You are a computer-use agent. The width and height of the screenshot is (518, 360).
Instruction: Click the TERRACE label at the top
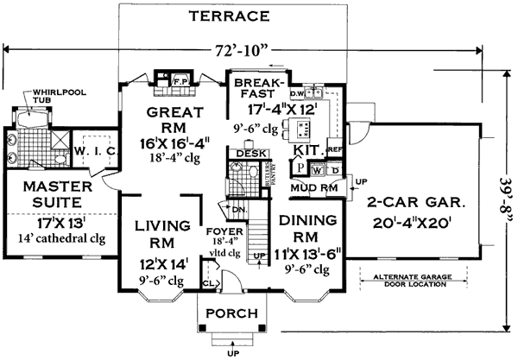click(230, 16)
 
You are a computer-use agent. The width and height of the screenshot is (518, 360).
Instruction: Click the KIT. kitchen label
click(308, 149)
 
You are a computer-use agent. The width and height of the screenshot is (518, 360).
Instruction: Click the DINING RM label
click(306, 227)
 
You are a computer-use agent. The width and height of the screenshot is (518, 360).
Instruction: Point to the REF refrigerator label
click(335, 149)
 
